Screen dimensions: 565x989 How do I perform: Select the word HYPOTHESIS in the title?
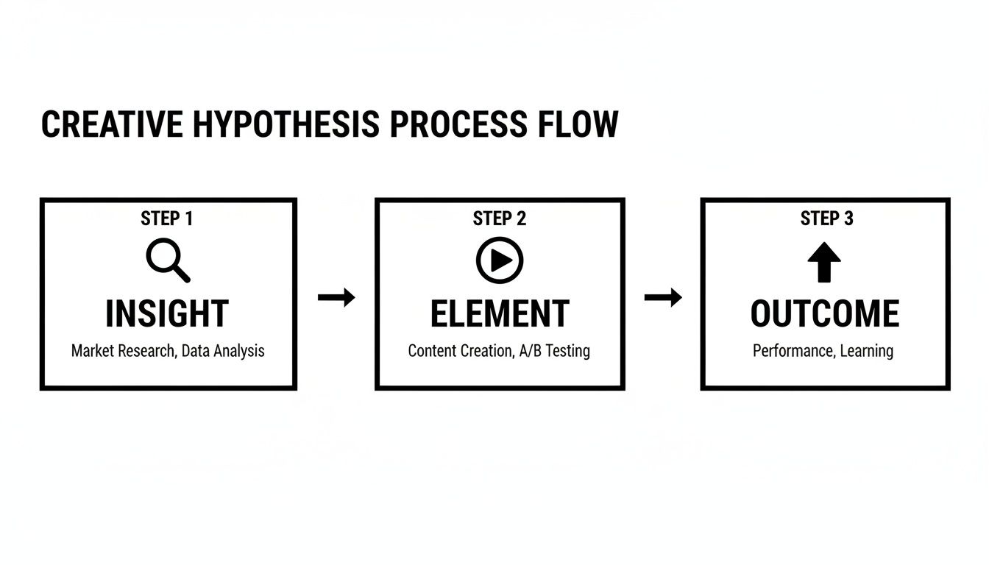point(286,124)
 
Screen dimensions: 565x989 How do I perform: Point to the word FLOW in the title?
point(578,124)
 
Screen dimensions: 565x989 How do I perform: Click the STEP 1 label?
point(167,218)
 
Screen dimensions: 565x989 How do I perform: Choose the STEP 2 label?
point(500,218)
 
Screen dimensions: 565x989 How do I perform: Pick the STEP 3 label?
point(827,218)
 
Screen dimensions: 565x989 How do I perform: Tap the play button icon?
point(500,260)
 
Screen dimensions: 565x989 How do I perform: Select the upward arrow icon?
point(824,263)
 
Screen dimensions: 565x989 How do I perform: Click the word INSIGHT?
point(167,314)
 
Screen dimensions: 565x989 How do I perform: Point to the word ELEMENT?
point(500,314)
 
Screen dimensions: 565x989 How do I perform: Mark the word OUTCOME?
point(824,314)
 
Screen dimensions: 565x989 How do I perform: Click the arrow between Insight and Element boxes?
point(336,297)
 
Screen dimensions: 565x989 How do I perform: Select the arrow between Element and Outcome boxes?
point(663,297)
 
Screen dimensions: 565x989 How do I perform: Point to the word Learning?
point(867,351)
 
